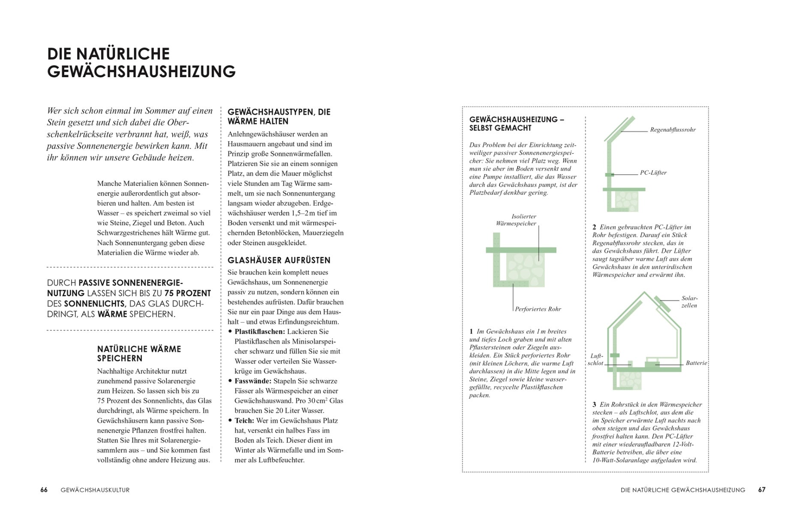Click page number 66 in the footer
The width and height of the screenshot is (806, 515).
click(x=44, y=490)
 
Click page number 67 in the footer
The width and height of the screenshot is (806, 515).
click(x=761, y=490)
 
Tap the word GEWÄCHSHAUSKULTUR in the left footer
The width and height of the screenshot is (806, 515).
click(x=95, y=490)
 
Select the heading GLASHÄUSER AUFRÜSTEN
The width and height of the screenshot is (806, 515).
click(x=279, y=260)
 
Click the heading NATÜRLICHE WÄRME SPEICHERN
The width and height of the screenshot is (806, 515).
click(x=139, y=354)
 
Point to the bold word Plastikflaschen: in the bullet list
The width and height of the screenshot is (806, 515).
click(x=259, y=331)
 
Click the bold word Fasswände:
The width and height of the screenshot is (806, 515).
click(x=253, y=381)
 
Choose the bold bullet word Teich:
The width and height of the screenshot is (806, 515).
click(x=244, y=420)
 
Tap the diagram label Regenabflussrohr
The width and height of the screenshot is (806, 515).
click(x=673, y=130)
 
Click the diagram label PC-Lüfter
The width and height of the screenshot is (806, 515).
click(x=653, y=173)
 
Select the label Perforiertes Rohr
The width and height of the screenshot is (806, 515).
click(x=538, y=309)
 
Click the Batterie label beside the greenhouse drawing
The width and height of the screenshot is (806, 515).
click(x=696, y=363)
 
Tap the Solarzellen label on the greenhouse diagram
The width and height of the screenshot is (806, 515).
click(x=689, y=302)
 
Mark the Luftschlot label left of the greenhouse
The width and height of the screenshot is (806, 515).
click(x=596, y=360)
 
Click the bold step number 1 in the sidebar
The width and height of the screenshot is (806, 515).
click(x=471, y=331)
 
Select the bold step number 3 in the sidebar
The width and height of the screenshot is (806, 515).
click(x=594, y=404)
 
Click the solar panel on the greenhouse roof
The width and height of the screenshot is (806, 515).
click(x=663, y=304)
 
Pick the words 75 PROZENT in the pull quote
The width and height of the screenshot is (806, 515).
click(x=187, y=293)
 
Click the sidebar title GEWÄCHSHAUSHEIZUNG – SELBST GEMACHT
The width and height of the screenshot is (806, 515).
click(x=516, y=124)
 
